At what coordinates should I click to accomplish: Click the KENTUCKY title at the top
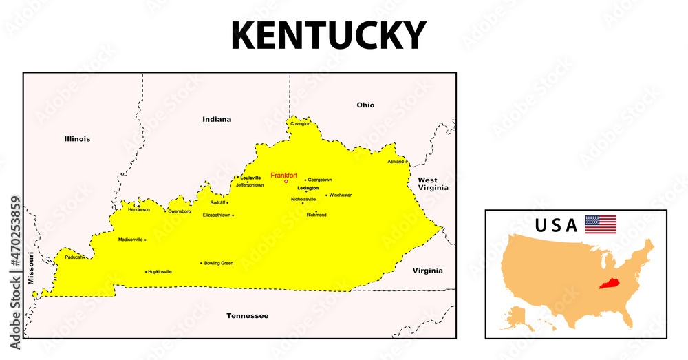pyautogui.click(x=329, y=36)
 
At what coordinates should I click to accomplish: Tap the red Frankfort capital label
pyautogui.click(x=283, y=176)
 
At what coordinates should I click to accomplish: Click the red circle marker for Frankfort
pyautogui.click(x=286, y=182)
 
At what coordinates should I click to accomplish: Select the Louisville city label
pyautogui.click(x=250, y=178)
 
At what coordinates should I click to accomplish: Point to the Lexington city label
pyautogui.click(x=308, y=188)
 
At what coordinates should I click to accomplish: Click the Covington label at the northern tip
pyautogui.click(x=301, y=124)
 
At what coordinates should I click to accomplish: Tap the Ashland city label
pyautogui.click(x=396, y=162)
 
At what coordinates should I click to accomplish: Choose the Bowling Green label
pyautogui.click(x=219, y=263)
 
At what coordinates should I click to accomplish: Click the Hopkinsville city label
pyautogui.click(x=160, y=272)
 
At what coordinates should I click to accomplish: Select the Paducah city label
pyautogui.click(x=74, y=257)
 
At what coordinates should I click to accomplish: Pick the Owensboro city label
pyautogui.click(x=180, y=211)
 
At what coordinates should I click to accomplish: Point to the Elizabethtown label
pyautogui.click(x=217, y=215)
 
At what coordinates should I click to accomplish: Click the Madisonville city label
pyautogui.click(x=130, y=240)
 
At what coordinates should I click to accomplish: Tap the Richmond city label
pyautogui.click(x=316, y=215)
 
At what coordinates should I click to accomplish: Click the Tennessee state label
pyautogui.click(x=248, y=316)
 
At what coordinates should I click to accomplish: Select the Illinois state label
pyautogui.click(x=77, y=139)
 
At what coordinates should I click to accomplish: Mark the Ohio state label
pyautogui.click(x=365, y=105)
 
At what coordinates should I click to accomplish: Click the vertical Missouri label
pyautogui.click(x=31, y=268)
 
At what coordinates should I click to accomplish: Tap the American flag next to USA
pyautogui.click(x=601, y=224)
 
